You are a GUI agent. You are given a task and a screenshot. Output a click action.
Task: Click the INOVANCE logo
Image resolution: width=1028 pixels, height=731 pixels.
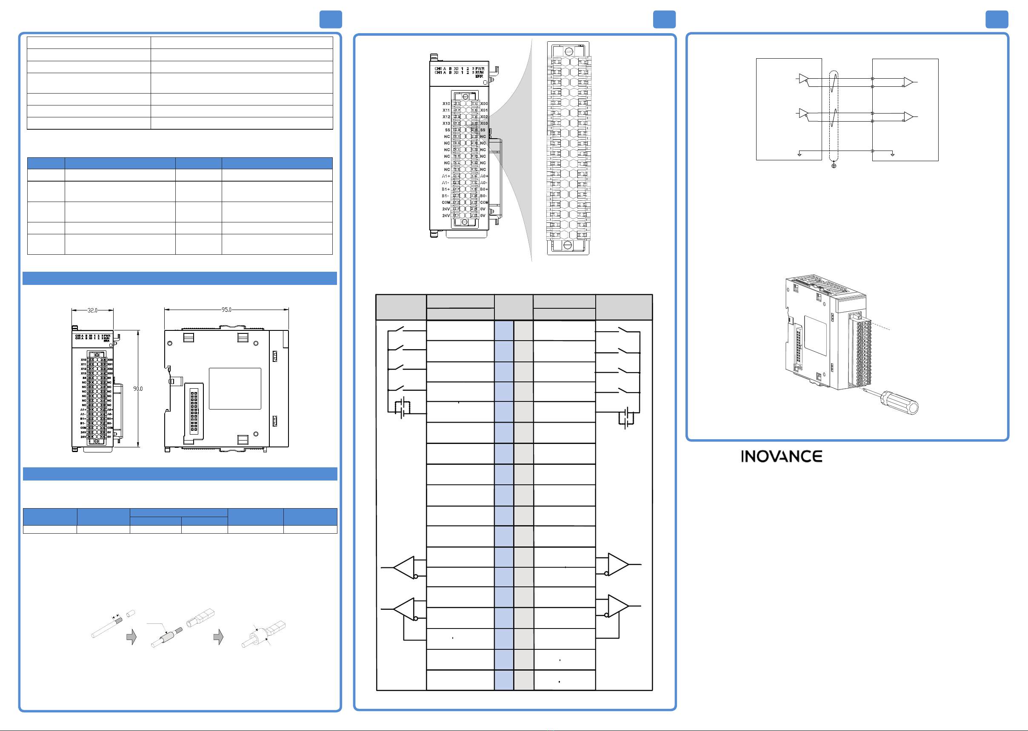tap(781, 456)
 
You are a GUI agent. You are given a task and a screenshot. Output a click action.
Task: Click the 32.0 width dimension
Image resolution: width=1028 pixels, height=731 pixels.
tap(92, 310)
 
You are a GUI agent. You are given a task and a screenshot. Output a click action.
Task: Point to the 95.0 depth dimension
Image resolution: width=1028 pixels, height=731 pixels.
tap(226, 310)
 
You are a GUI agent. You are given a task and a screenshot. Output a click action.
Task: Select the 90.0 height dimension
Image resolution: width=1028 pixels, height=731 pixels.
tap(138, 388)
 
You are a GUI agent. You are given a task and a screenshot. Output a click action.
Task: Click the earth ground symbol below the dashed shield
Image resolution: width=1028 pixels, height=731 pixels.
tap(834, 166)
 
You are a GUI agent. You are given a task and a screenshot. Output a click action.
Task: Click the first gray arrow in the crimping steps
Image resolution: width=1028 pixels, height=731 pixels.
tap(131, 637)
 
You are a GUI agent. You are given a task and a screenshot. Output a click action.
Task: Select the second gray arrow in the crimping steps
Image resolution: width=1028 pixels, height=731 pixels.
tap(218, 637)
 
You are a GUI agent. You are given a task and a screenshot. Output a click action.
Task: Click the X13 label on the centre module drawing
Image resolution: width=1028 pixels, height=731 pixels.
tap(446, 123)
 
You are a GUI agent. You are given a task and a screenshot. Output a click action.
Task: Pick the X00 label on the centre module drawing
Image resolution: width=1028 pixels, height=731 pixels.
tap(484, 103)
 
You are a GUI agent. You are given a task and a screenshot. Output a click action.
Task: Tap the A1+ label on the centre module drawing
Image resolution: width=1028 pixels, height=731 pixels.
tap(445, 176)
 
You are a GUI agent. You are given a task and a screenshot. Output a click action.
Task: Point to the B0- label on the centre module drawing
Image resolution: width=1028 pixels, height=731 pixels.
tap(484, 196)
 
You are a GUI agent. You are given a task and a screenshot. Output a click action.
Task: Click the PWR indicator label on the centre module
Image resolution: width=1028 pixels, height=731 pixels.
tap(480, 69)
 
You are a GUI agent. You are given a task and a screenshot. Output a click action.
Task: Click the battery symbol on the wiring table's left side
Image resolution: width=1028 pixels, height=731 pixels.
tap(402, 408)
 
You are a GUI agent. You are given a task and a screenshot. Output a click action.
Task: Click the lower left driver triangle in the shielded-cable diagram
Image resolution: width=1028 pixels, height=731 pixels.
tap(803, 113)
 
